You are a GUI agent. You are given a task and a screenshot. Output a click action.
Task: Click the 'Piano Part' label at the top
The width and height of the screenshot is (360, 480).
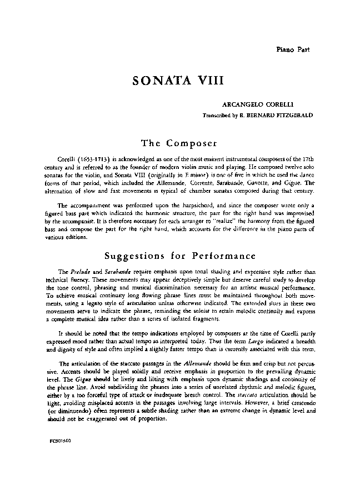coord(293,49)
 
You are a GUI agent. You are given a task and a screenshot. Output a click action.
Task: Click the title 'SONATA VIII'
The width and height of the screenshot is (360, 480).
coord(178,79)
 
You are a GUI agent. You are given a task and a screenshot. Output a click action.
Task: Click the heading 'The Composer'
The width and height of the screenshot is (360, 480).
coord(179,143)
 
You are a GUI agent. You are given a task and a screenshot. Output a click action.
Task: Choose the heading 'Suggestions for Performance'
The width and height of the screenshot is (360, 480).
coord(180,256)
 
